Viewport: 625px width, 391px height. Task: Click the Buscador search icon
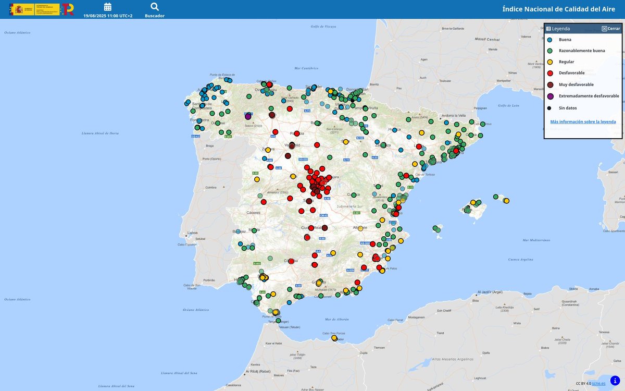155,7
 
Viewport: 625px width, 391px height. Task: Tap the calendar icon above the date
108,7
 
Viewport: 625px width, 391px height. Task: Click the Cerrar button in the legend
610,29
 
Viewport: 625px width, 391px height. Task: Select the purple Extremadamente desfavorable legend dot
550,96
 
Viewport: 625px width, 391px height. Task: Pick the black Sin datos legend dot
549,108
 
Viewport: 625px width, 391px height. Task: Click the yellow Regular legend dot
550,62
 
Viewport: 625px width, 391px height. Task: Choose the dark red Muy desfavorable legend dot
550,84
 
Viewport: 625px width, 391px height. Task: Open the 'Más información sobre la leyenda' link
583,121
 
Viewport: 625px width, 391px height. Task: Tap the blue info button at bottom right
615,380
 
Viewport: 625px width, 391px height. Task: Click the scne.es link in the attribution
598,384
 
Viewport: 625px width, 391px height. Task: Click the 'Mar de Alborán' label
336,319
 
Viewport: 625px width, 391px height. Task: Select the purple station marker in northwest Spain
248,117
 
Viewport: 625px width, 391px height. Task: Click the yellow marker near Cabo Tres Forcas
334,338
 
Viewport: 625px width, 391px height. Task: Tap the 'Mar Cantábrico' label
306,68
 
